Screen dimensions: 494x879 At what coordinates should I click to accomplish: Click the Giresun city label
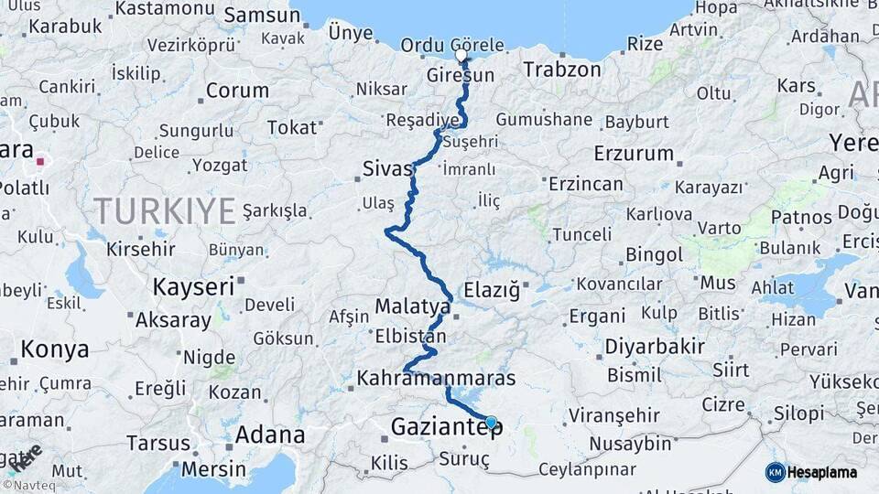(460, 75)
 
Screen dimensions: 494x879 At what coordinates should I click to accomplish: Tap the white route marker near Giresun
(461, 55)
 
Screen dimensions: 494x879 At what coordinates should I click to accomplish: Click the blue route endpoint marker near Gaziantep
(492, 422)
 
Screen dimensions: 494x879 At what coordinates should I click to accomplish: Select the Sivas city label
(387, 168)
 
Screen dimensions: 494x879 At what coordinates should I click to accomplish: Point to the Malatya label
(413, 306)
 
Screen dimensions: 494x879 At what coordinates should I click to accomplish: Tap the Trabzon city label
(562, 69)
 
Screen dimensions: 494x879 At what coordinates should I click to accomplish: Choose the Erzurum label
(634, 152)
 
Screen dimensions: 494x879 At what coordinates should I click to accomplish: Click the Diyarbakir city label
(654, 347)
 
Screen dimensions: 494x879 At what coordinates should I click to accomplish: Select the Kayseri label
(193, 286)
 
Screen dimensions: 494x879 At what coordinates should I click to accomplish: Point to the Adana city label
(270, 434)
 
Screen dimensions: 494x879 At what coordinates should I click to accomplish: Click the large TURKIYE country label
(165, 211)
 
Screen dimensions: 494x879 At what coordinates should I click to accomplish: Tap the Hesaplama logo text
(822, 473)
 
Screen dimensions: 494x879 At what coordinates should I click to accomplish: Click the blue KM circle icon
(775, 472)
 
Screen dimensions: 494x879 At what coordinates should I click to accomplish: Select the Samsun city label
(262, 15)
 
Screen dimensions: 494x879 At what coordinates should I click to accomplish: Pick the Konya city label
(55, 349)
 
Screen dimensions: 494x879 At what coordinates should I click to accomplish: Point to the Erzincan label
(586, 183)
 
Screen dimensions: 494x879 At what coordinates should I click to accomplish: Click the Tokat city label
(291, 127)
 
